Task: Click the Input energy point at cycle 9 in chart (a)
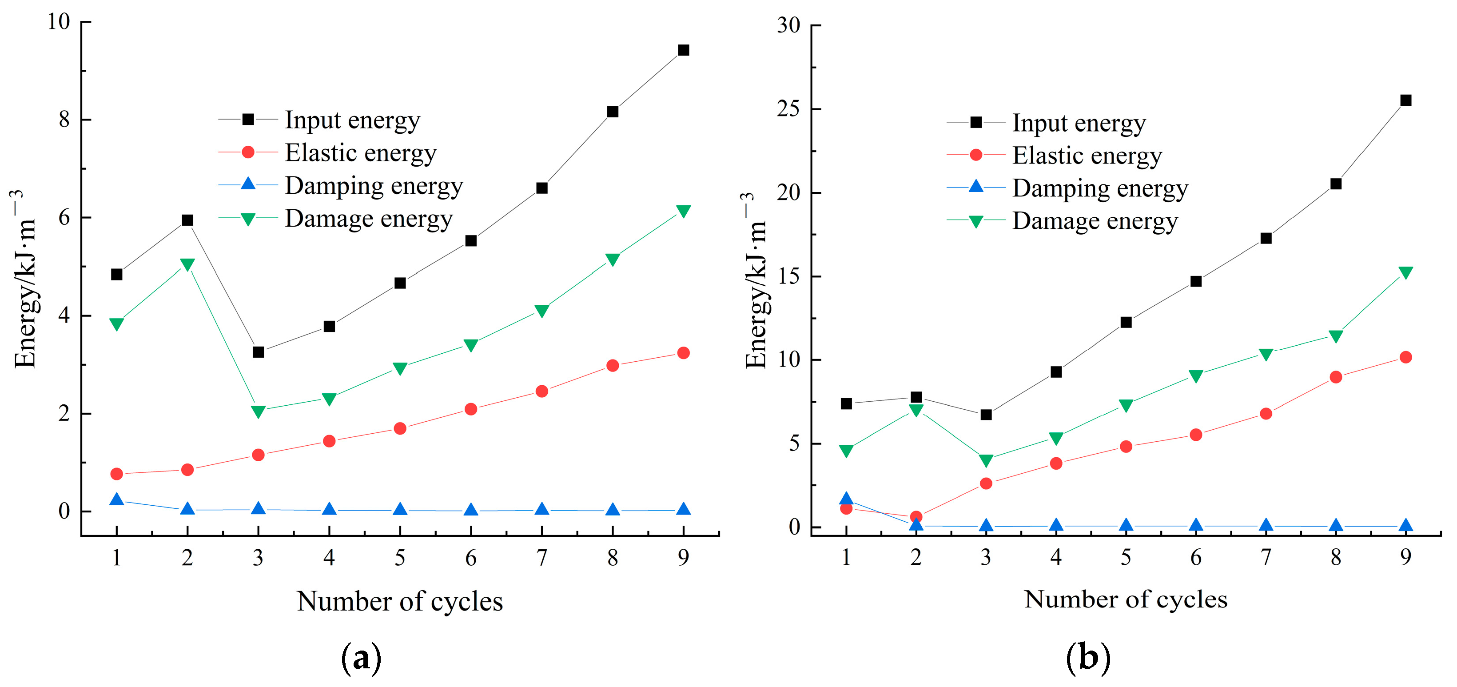coord(683,50)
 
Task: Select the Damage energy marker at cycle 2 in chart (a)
coord(187,264)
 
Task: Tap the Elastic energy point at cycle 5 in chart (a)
coord(400,428)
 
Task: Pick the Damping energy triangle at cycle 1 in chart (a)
coord(116,499)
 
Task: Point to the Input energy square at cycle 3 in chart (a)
coord(258,352)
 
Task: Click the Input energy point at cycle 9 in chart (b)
coord(1405,100)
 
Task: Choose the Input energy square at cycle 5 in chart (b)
coord(1126,322)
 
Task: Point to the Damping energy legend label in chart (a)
coord(373,186)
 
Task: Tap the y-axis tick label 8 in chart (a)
coord(64,120)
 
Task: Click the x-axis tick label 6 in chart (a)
coord(470,558)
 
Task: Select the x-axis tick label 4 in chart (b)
coord(1056,557)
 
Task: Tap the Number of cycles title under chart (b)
coord(1126,599)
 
